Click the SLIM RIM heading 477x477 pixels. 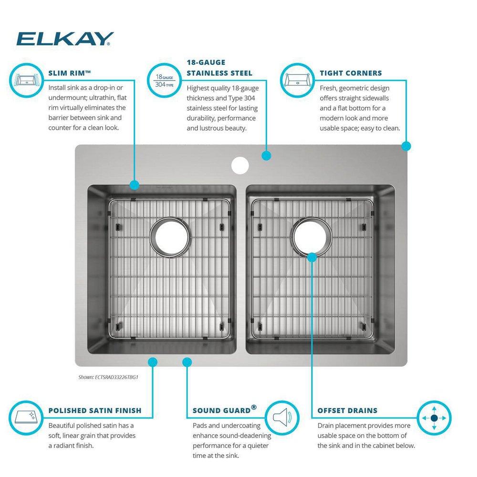click(70, 73)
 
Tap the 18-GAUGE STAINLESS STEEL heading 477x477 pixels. click(219, 68)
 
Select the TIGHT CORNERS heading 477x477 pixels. click(351, 73)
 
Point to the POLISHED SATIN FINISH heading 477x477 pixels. click(95, 410)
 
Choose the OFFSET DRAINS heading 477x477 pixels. click(347, 410)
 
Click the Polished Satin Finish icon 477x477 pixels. click(27, 418)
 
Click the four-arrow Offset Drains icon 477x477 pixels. click(434, 418)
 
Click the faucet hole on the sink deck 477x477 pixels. click(240, 166)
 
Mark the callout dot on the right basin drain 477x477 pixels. click(311, 258)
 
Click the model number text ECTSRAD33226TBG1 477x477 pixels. click(108, 377)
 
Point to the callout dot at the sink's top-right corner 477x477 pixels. click(406, 146)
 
